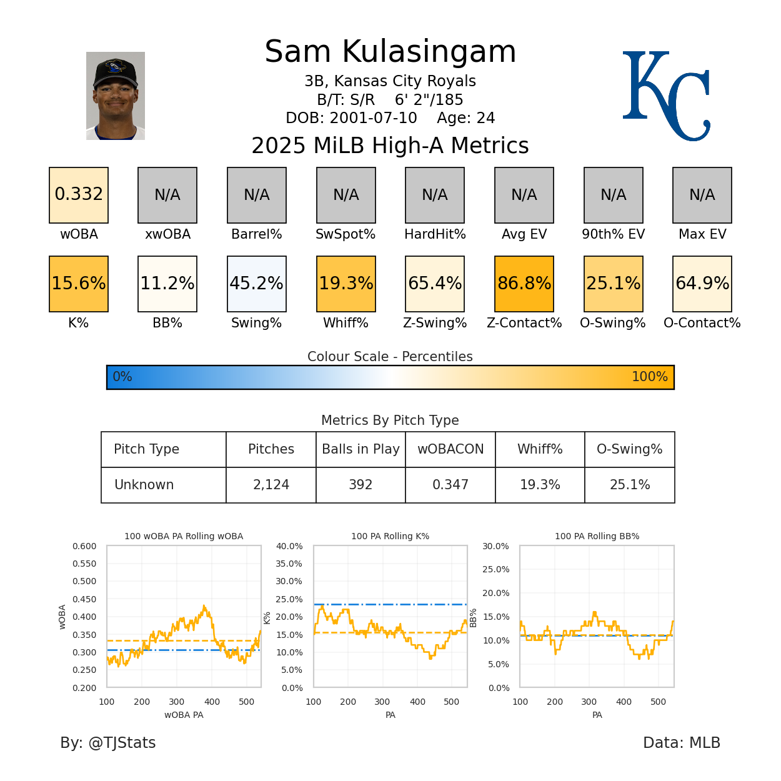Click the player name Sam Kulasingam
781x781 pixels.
pos(390,52)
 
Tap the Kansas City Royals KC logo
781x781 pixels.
pos(666,96)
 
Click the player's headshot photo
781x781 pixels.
pos(116,96)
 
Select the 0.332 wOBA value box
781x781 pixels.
pos(79,195)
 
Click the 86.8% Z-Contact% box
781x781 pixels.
pos(524,284)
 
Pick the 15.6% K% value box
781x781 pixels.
pos(79,284)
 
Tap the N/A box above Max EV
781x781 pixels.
pos(702,195)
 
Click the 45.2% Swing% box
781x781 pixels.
pos(257,284)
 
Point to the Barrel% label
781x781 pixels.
pos(257,234)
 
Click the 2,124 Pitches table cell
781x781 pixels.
pos(271,485)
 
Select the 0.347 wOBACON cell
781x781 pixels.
pos(450,485)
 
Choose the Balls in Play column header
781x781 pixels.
pos(361,449)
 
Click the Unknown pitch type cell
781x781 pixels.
pos(144,485)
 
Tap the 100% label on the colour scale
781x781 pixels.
pos(649,377)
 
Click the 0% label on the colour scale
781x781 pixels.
pos(122,377)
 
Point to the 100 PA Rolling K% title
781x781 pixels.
pos(390,536)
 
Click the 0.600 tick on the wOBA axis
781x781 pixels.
pos(84,546)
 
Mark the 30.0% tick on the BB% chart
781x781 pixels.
pos(495,546)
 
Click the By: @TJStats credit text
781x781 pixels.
pos(108,743)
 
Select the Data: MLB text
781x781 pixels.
pos(682,743)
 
